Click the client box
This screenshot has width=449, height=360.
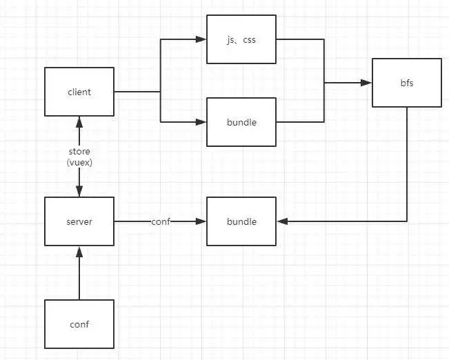click(79, 92)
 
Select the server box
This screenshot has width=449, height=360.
click(79, 221)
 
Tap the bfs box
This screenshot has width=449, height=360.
click(407, 83)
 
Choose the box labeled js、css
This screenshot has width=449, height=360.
click(241, 39)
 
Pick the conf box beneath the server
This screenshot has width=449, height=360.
click(79, 324)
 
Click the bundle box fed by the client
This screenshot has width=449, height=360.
click(241, 122)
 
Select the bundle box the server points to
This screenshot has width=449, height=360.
click(241, 221)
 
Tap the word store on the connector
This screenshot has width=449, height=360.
click(79, 151)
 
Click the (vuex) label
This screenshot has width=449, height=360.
click(79, 162)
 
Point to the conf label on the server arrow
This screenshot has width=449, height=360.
click(161, 221)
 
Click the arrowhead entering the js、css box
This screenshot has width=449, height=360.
click(201, 39)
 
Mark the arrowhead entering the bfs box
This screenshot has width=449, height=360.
click(366, 83)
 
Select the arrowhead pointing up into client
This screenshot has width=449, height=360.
click(79, 122)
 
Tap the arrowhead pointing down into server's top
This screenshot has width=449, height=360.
click(79, 191)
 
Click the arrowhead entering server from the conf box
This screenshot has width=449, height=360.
click(79, 252)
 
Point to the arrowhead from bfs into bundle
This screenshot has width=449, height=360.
click(282, 221)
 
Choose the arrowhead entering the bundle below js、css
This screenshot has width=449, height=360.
click(201, 122)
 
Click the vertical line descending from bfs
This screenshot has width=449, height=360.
click(407, 164)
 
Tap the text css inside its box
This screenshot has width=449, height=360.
click(249, 39)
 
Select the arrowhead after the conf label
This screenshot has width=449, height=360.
click(201, 221)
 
